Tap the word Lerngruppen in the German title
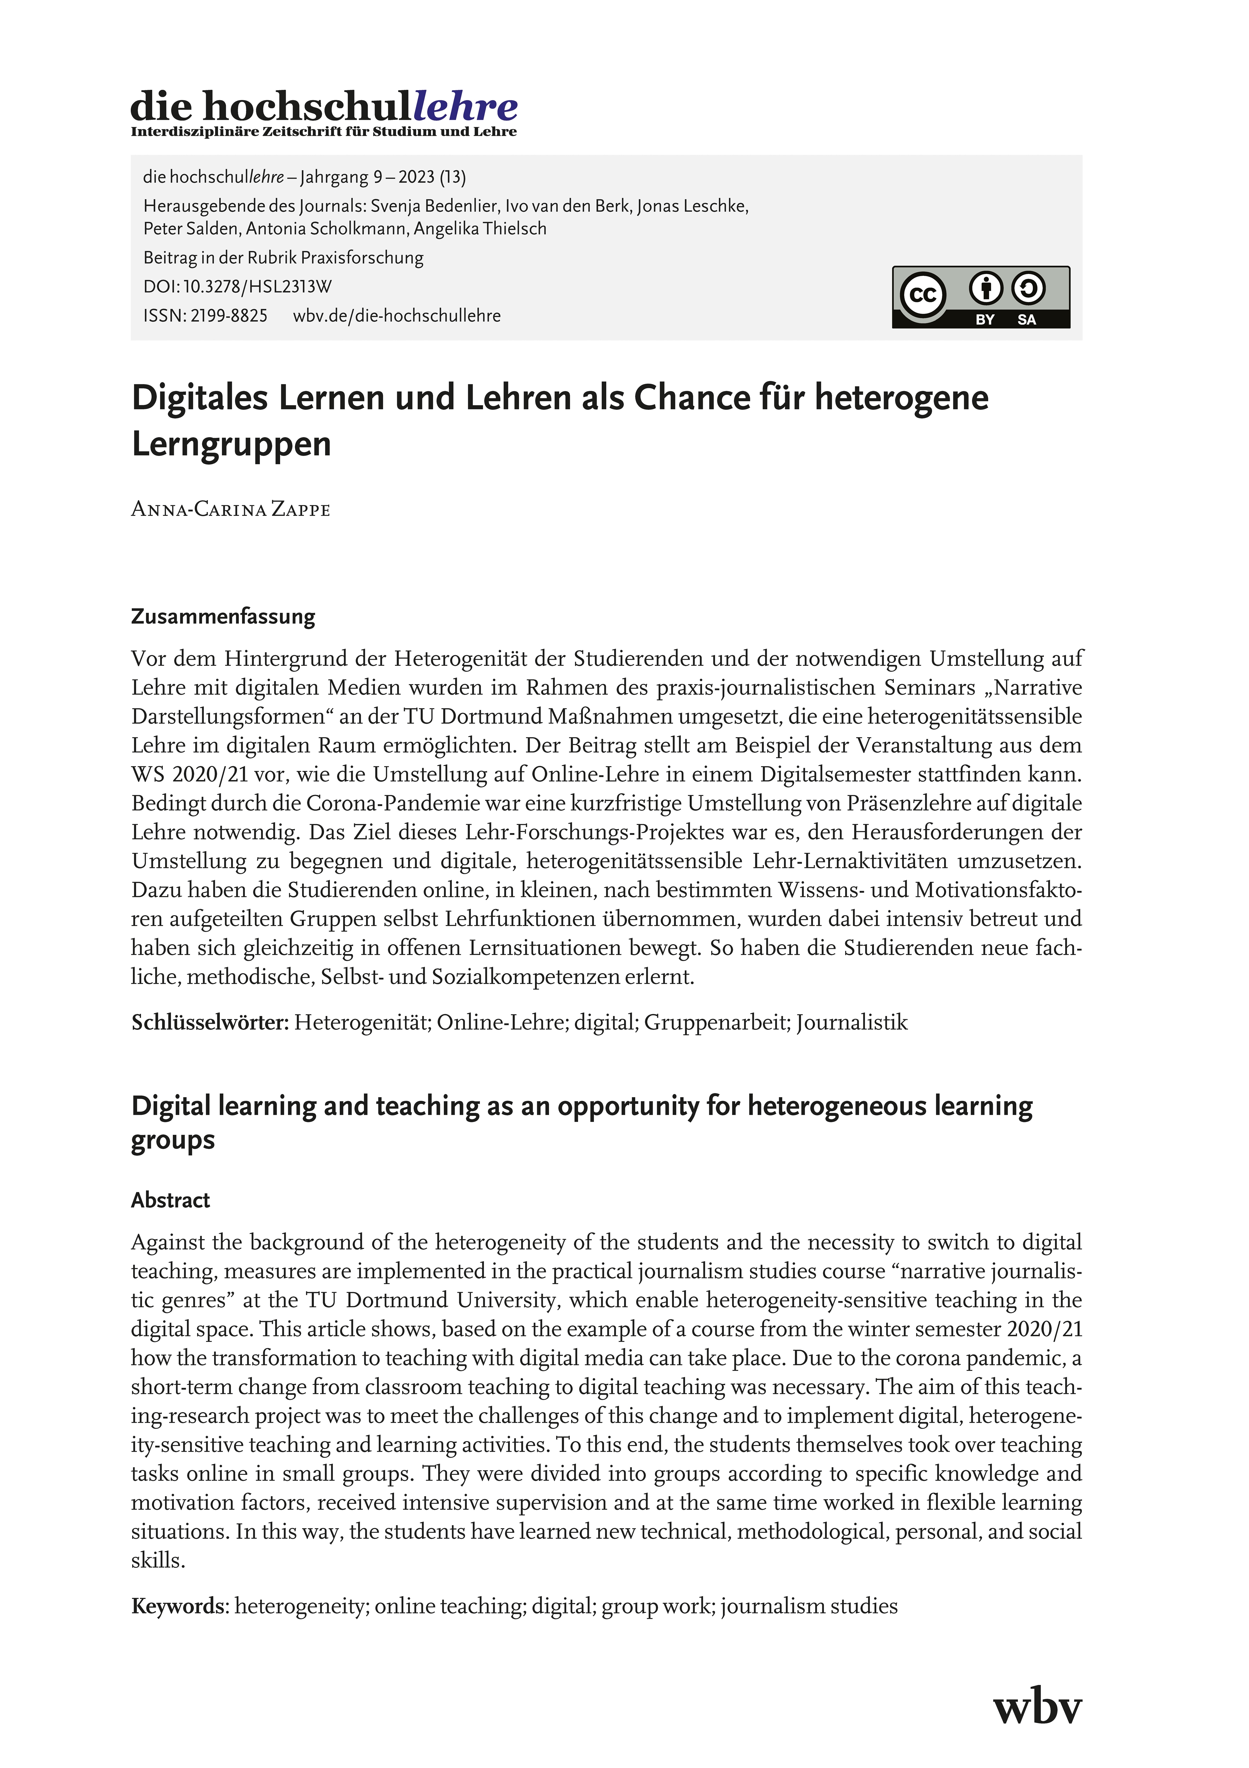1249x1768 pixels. coord(231,444)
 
